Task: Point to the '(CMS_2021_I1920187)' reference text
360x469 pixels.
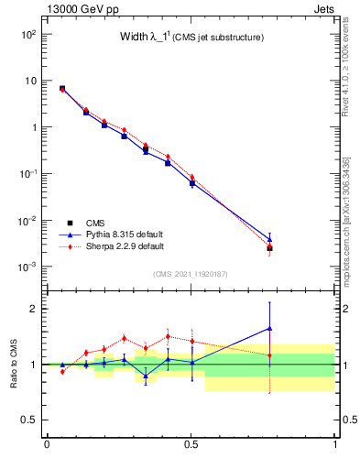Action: pos(191,274)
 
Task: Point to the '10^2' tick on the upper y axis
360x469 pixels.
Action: pos(27,34)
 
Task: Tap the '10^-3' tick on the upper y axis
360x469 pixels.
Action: pos(27,267)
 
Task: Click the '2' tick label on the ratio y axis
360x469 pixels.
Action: pos(33,309)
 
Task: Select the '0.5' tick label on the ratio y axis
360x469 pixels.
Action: pos(29,420)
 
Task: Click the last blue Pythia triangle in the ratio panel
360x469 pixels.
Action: pos(269,328)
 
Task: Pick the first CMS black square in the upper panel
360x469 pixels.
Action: pos(62,88)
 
